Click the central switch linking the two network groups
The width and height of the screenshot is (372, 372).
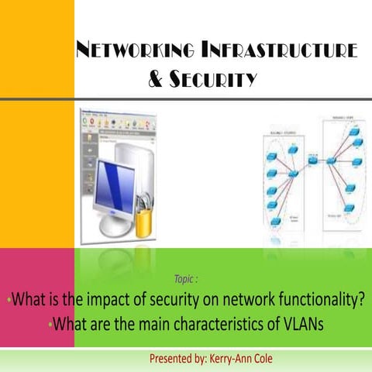point(312,160)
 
